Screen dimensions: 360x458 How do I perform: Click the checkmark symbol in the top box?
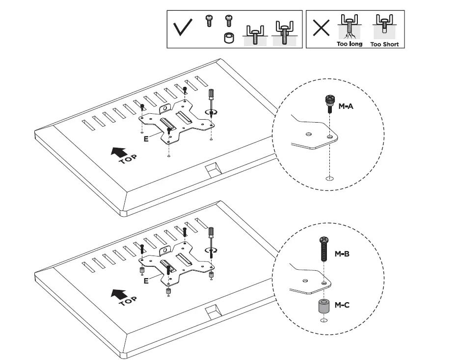click(x=183, y=29)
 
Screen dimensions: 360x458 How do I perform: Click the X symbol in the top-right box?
click(x=322, y=28)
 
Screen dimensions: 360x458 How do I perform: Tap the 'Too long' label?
click(x=350, y=44)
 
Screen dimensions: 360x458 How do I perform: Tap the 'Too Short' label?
click(x=384, y=44)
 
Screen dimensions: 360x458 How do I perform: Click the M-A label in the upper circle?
click(x=346, y=106)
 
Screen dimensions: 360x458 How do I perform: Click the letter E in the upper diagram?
click(x=146, y=139)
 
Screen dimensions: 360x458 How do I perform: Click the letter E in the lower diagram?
click(x=146, y=282)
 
